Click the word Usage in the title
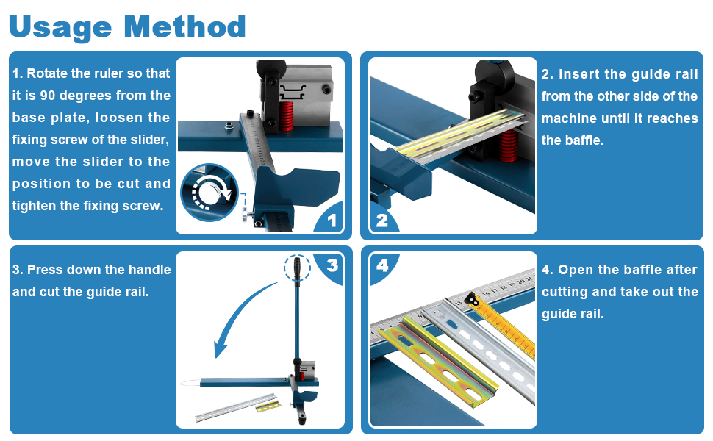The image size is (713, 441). tap(61, 27)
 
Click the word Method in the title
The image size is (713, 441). tap(184, 26)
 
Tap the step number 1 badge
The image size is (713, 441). tap(331, 220)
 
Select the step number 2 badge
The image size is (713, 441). tap(381, 220)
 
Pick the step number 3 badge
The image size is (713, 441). tap(332, 265)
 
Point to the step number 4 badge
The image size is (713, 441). tap(382, 265)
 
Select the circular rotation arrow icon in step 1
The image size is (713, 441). tap(209, 193)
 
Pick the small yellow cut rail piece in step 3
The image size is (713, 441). tap(268, 406)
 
